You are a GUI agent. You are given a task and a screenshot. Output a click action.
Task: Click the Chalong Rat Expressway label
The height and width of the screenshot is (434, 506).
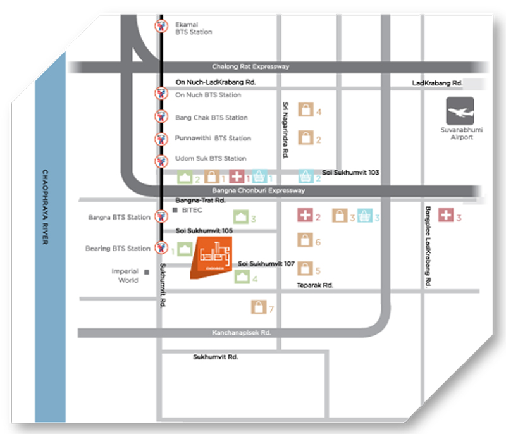click(x=250, y=67)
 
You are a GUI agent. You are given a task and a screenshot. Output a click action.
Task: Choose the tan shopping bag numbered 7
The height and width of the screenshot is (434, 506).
click(x=259, y=307)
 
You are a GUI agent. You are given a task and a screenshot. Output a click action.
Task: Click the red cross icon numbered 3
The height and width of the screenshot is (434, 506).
click(x=446, y=215)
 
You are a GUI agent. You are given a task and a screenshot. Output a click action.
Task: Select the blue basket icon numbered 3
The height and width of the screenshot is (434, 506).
click(x=364, y=215)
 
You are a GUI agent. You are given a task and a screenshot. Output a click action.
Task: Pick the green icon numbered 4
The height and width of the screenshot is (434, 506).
click(x=242, y=276)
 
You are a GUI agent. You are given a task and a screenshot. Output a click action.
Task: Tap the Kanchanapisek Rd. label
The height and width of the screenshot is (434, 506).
click(x=242, y=332)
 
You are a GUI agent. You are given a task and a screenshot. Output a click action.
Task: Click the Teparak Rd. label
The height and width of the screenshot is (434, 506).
click(x=314, y=286)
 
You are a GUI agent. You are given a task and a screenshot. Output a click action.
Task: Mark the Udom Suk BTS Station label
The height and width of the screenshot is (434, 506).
click(x=211, y=159)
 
